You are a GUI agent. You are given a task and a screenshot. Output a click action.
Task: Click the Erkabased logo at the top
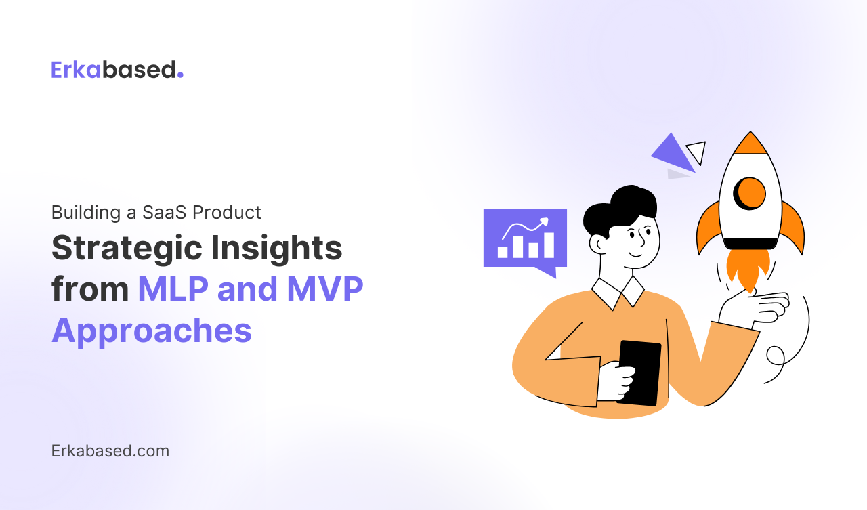[x=117, y=70]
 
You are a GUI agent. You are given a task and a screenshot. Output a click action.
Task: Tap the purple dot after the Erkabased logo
[x=180, y=75]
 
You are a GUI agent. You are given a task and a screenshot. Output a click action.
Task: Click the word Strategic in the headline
[x=127, y=249]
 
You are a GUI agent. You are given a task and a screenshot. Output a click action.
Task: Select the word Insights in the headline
[x=276, y=249]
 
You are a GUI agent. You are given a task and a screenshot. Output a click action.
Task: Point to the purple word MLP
[x=173, y=289]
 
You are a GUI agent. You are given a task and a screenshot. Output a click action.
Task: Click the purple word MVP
[x=325, y=289]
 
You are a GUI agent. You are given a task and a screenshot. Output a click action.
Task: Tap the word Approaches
[x=152, y=331]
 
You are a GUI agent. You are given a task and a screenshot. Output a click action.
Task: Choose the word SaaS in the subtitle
[x=164, y=213]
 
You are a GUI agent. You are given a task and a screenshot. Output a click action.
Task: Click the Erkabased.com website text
[x=110, y=451]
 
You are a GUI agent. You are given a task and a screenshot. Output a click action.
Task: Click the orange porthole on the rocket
[x=750, y=194]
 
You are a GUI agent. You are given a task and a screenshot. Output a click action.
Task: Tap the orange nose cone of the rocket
[x=750, y=143]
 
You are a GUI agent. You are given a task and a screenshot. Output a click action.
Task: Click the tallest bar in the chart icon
[x=549, y=245]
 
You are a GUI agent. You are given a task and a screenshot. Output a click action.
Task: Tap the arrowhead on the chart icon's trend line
[x=545, y=221]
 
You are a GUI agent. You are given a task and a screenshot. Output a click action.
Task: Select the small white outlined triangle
[x=698, y=151]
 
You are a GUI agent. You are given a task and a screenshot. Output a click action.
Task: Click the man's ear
[x=598, y=245]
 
